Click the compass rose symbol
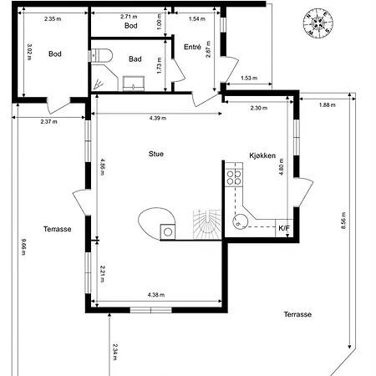coord(318,23)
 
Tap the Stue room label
coord(156,154)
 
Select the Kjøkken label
coord(262,155)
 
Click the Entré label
coord(192,47)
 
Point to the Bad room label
coord(135,58)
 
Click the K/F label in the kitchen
coord(284,228)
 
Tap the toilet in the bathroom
coord(101,55)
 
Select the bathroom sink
coord(134,84)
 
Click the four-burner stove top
coord(234,178)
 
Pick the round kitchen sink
coord(240,221)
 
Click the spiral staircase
coord(207,225)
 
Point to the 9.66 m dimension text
coord(23,246)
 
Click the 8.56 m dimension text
coord(343,221)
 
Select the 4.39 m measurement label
coord(158,118)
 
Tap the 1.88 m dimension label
coord(328,105)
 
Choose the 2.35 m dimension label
coord(53,19)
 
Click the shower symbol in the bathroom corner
coord(98,84)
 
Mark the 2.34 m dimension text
coord(114,352)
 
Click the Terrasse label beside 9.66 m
coord(58,229)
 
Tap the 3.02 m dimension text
coord(29,52)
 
